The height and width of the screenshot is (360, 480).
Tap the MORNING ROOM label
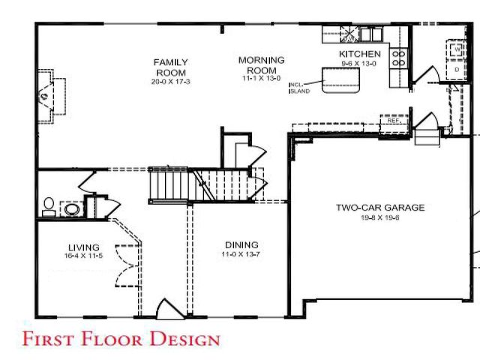261,64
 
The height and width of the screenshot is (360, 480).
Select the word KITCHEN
359,55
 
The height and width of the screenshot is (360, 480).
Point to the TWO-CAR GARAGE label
379,208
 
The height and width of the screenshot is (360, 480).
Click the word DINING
241,244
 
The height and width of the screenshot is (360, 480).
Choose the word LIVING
83,247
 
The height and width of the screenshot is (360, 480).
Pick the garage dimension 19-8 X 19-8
379,217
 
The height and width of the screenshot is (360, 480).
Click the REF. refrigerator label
392,120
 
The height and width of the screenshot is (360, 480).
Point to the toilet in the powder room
48,205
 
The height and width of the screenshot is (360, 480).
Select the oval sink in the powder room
72,209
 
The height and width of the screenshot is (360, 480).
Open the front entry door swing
167,309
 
